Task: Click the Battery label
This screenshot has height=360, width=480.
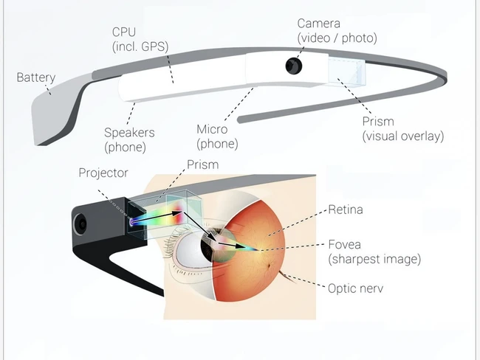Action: (36, 77)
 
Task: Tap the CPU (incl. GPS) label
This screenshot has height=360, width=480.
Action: (140, 39)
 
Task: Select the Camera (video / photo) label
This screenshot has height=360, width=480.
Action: (337, 31)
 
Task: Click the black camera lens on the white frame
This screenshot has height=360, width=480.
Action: (294, 66)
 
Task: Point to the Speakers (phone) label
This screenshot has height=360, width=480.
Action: (129, 139)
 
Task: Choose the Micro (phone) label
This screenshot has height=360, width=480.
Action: (217, 136)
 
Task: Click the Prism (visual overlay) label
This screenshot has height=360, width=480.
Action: (403, 129)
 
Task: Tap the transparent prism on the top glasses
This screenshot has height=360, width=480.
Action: (347, 71)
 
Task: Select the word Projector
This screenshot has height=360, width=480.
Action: (103, 173)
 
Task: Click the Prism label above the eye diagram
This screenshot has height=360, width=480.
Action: (202, 165)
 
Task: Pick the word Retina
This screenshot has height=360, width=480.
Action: (346, 210)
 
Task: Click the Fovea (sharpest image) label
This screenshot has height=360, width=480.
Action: (374, 252)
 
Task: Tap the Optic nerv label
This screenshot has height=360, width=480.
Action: (355, 288)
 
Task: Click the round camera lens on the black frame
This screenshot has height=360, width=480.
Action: (80, 224)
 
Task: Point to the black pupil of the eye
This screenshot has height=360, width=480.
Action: (210, 243)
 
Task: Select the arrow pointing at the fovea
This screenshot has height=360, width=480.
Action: (231, 245)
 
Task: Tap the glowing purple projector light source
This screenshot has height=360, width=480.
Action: (131, 222)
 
